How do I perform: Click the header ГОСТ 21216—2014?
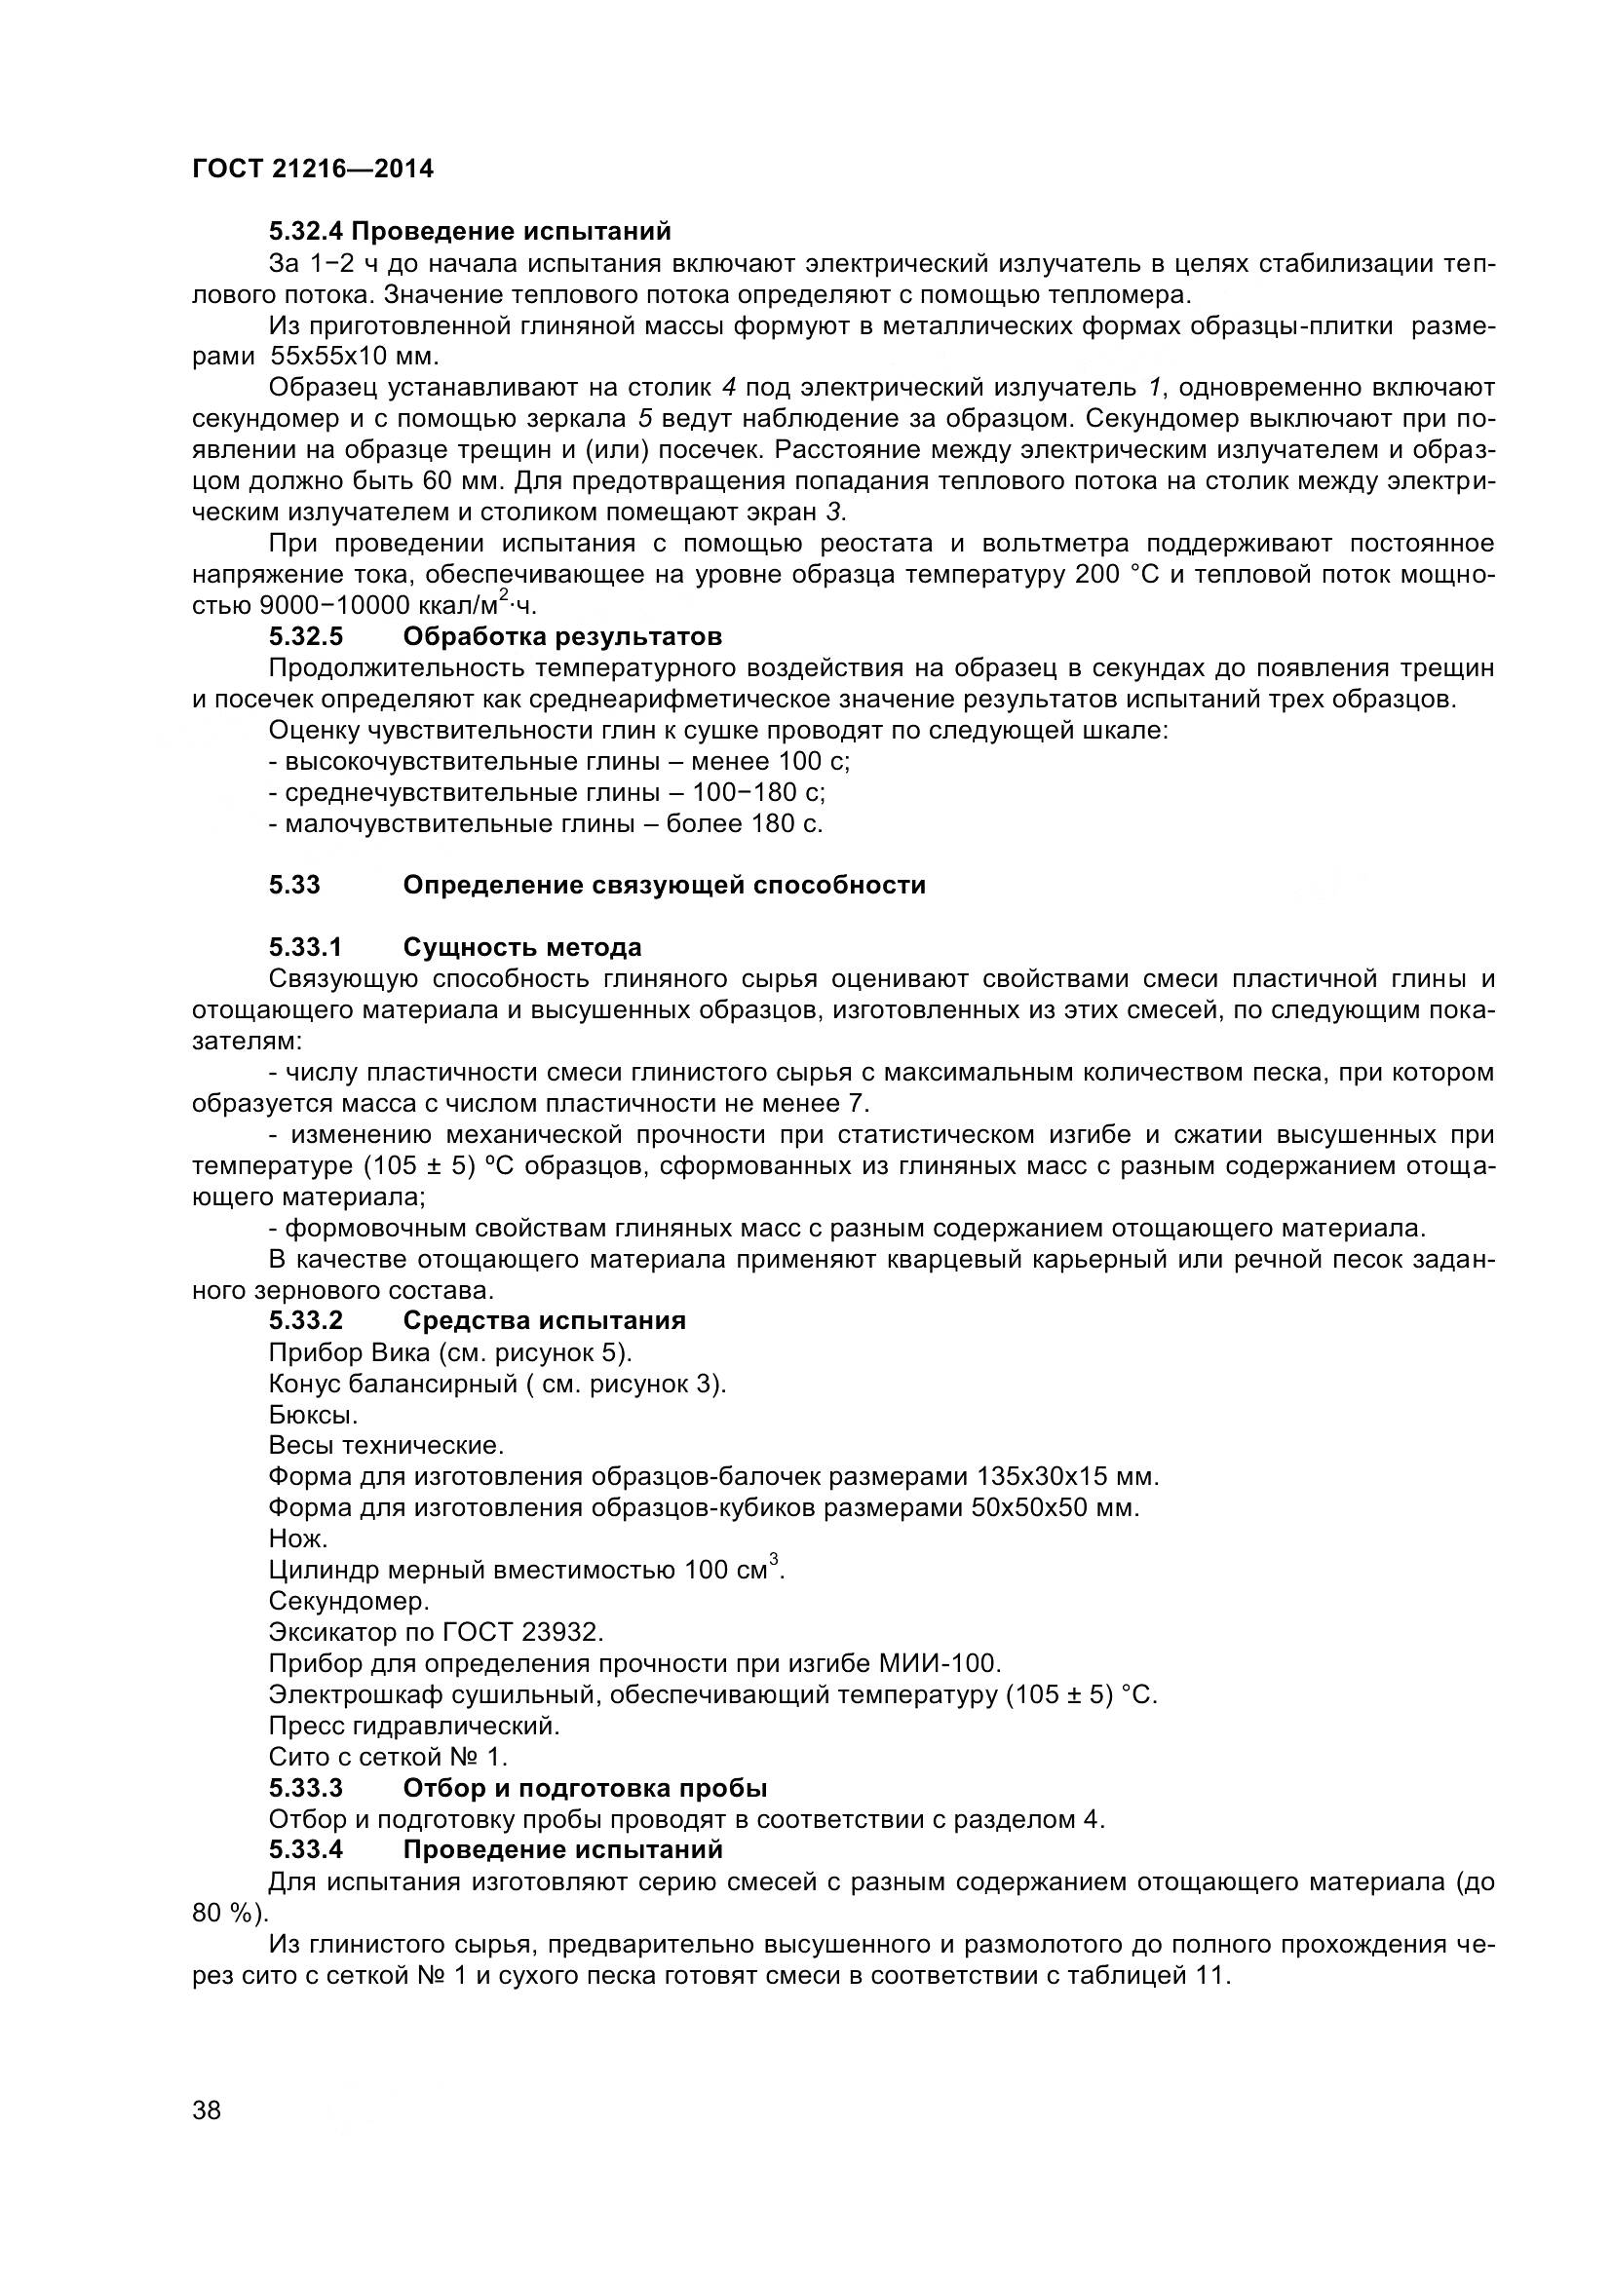313,169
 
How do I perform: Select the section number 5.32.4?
307,231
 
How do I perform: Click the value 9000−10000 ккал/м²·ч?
397,604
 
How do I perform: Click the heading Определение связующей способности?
663,885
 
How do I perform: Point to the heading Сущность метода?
522,947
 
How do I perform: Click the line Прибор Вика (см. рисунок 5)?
449,1353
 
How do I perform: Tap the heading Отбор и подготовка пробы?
585,1789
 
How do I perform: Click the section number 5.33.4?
306,1850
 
